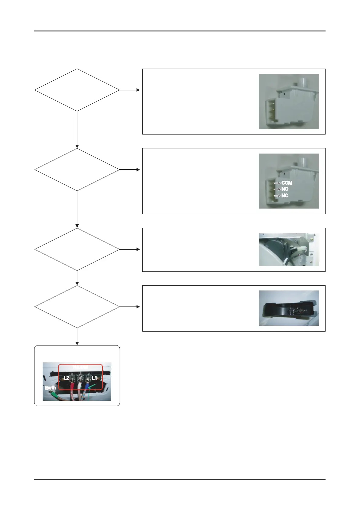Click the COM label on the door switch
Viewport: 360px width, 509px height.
point(287,183)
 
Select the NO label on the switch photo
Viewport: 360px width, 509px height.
point(285,189)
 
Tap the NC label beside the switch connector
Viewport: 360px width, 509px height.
point(285,196)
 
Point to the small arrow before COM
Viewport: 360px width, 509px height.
point(277,183)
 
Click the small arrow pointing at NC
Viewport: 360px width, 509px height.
point(277,196)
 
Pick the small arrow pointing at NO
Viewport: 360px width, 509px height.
point(277,189)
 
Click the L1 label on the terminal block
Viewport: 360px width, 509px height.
point(94,378)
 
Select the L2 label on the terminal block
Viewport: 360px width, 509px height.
point(66,378)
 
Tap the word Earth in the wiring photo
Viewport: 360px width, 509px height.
point(50,387)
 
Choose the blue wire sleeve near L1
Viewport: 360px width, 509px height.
point(87,387)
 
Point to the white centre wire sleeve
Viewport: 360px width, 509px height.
point(80,387)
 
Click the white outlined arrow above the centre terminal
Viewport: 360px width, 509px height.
point(80,374)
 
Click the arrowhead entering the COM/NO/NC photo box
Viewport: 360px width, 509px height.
point(138,170)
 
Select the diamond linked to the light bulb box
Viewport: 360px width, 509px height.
point(77,307)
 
